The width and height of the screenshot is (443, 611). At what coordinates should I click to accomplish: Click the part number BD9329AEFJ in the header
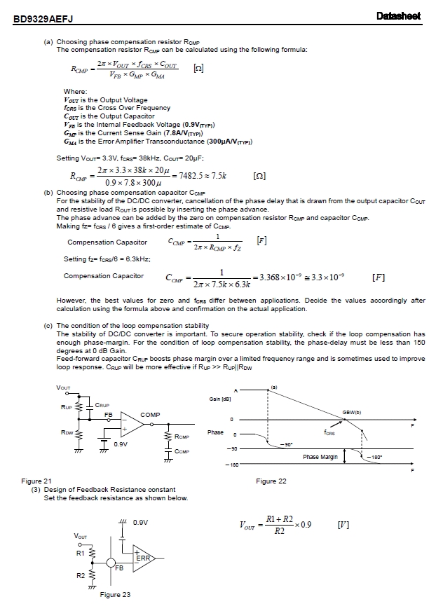(x=44, y=20)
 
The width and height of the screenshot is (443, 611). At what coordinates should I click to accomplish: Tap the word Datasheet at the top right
(x=397, y=17)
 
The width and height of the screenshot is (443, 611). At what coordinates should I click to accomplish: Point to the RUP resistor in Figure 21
(x=79, y=406)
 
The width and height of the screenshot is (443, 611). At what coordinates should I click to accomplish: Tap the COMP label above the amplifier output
(x=150, y=415)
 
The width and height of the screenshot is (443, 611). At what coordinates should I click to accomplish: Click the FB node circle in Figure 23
(x=111, y=562)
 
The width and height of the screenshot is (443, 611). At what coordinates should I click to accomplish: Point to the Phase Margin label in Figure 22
(x=320, y=457)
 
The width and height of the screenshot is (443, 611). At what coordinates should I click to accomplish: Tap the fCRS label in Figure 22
(x=329, y=433)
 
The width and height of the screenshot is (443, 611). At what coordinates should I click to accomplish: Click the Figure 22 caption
(x=271, y=481)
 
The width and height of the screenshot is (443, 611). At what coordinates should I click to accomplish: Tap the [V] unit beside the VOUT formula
(x=343, y=524)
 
